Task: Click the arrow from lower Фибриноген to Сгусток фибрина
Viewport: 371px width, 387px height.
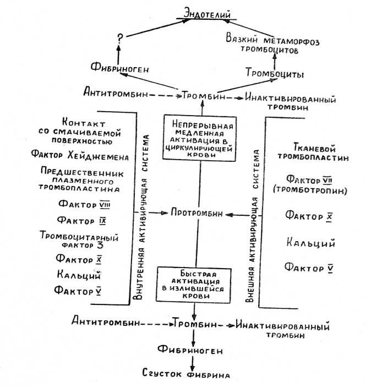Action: pyautogui.click(x=192, y=362)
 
